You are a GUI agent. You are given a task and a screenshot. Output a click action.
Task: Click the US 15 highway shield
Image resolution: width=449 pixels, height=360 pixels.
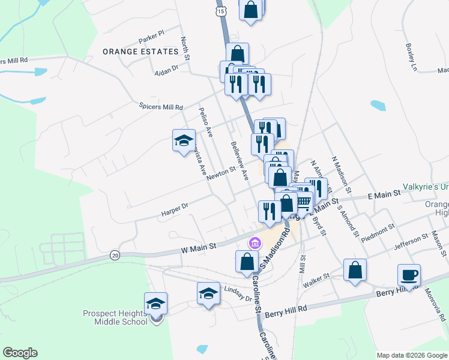[x=221, y=11]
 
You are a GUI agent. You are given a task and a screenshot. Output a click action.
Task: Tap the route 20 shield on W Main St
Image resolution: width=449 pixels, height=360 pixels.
[x=115, y=255]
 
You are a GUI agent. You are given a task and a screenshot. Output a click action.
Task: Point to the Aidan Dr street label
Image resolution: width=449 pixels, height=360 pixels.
[x=167, y=69]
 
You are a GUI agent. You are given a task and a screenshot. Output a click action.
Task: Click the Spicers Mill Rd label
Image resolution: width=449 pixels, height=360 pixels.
[x=161, y=107]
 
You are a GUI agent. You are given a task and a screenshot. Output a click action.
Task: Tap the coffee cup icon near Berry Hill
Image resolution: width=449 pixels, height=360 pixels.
[x=409, y=275]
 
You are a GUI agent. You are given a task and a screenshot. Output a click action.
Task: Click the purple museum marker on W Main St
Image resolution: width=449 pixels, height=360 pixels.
[x=255, y=243]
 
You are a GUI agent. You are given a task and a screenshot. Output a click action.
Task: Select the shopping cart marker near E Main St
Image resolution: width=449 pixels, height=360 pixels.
[x=303, y=202]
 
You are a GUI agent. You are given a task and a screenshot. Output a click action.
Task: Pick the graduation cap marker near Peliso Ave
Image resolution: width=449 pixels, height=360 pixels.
[x=184, y=140]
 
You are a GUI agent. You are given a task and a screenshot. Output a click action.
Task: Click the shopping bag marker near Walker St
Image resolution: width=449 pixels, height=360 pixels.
[x=355, y=269]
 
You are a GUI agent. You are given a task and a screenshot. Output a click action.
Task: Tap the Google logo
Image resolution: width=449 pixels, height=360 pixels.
[x=20, y=353]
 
